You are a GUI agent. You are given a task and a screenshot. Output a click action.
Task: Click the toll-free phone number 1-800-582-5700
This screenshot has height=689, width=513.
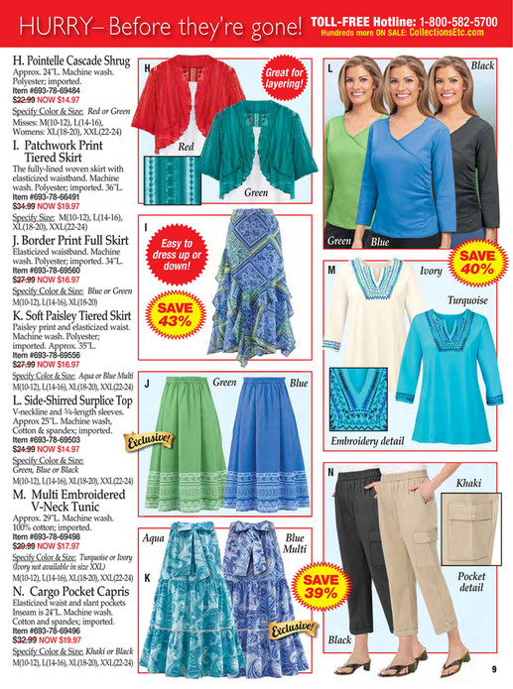tap(445, 20)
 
